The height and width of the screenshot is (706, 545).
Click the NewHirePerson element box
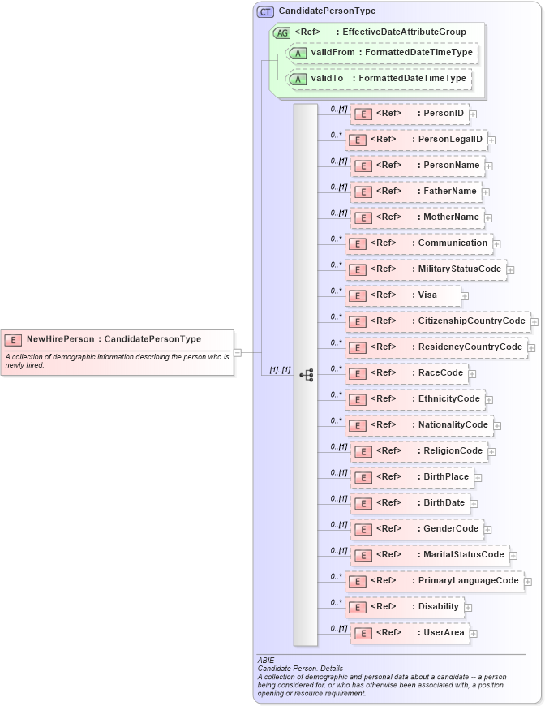coord(118,339)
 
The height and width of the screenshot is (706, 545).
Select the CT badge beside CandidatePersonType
coord(265,11)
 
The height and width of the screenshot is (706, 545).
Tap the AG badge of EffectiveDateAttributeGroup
coord(282,32)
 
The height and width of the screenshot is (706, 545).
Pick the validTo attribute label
coord(333,79)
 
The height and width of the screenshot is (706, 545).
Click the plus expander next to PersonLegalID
coord(491,140)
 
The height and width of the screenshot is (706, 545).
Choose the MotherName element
coord(417,217)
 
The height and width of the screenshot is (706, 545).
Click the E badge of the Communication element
coord(355,243)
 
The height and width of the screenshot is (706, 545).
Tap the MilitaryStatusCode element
coord(425,269)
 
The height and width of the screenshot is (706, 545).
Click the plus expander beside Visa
coord(465,296)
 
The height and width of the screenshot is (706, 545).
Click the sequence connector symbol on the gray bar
coord(306,375)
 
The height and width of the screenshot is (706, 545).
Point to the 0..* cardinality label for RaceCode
coord(335,368)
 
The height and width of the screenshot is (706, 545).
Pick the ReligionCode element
coord(418,451)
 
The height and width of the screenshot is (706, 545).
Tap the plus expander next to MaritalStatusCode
coord(513,556)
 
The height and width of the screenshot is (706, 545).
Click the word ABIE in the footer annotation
coord(266,661)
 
